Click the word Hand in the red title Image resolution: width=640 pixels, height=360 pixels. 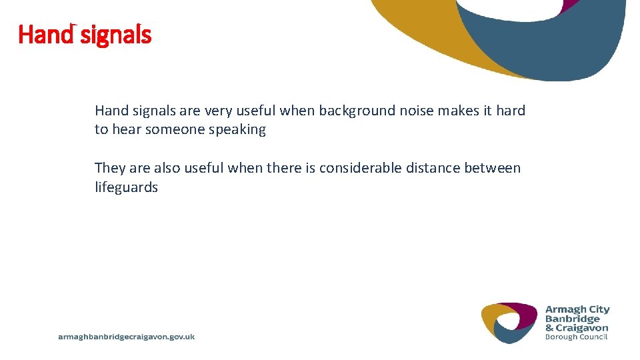pyautogui.click(x=45, y=34)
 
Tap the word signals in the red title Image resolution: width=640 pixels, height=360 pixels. pyautogui.click(x=116, y=35)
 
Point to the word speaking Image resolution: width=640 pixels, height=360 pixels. pyautogui.click(x=237, y=130)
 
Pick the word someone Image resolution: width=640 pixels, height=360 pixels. pyautogui.click(x=175, y=130)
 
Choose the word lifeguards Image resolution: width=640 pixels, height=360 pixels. pyautogui.click(x=126, y=188)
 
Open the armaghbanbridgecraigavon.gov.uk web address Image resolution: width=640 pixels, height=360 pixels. pyautogui.click(x=127, y=337)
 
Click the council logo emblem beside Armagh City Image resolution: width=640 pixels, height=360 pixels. pyautogui.click(x=509, y=323)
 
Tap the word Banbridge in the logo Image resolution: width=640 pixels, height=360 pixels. pyautogui.click(x=573, y=319)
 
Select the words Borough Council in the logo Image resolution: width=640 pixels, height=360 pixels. pyautogui.click(x=577, y=337)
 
